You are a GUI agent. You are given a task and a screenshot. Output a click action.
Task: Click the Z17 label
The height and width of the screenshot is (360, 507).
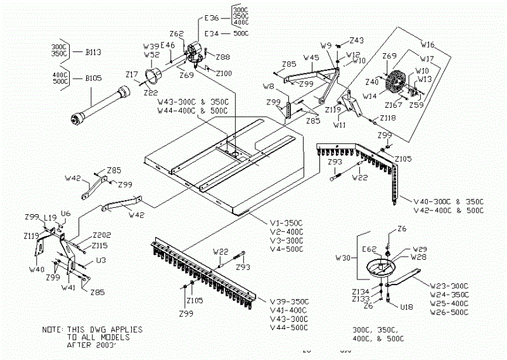[x=132, y=75]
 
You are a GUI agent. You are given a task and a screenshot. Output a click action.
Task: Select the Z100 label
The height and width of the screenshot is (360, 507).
[x=224, y=74]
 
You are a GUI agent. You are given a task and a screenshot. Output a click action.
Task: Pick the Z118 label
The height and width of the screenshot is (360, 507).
[x=388, y=119]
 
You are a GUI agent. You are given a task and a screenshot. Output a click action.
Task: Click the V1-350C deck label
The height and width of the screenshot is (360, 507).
[x=287, y=223]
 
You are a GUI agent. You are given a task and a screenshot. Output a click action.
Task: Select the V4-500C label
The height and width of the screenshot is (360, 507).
[x=287, y=248]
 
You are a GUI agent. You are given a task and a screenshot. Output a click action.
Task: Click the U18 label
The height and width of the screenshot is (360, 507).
[x=407, y=306]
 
